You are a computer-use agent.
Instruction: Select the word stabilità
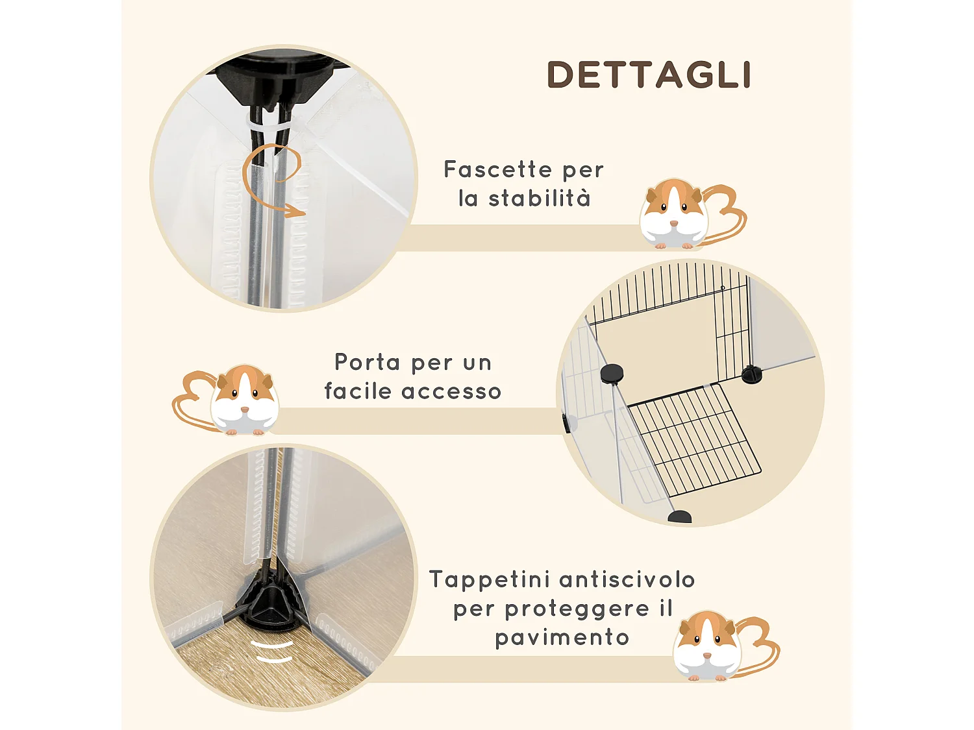540,199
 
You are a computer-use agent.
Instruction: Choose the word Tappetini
490,579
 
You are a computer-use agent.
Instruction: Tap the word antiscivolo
627,579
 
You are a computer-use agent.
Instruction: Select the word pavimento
562,637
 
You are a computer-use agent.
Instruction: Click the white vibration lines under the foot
273,651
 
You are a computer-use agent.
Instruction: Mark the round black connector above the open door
611,373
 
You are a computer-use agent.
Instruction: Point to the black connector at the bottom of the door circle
679,517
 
